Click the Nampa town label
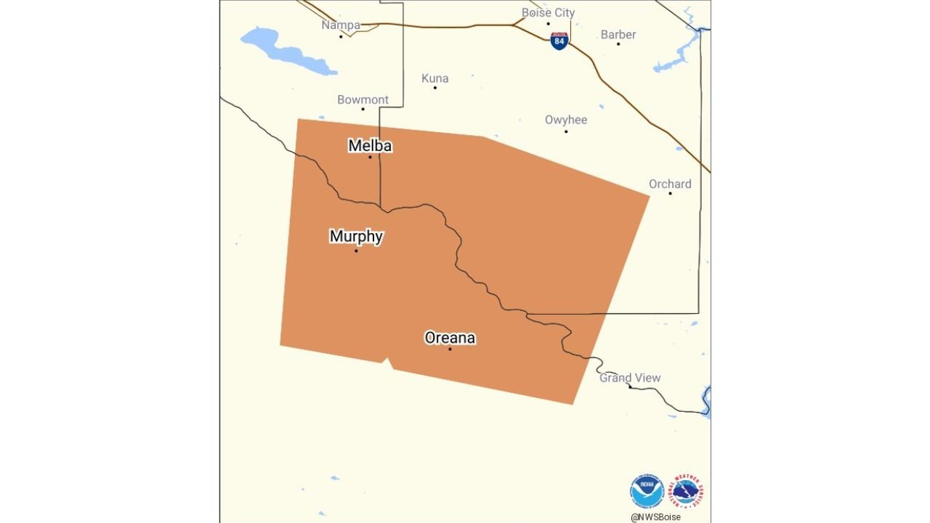(341, 25)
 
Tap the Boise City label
(548, 13)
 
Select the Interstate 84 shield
(559, 41)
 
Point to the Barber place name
(618, 35)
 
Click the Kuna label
(435, 78)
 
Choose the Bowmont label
(363, 100)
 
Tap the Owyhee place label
(566, 120)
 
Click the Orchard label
(670, 185)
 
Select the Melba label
(370, 146)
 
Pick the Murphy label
(356, 236)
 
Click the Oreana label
(450, 338)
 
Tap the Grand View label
(630, 378)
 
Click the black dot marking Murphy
(356, 251)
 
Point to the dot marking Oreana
(450, 349)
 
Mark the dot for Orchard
(670, 193)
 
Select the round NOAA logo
(647, 491)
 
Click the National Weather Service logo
(687, 491)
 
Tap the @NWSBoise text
(655, 517)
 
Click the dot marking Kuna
(435, 88)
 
